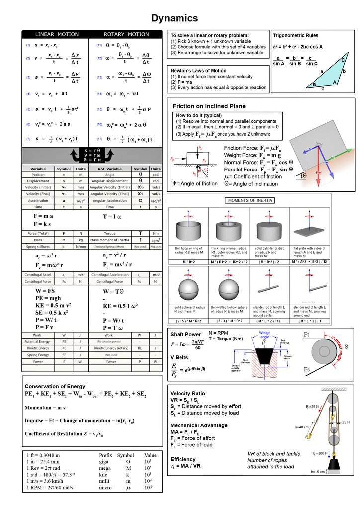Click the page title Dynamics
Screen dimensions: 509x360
tap(175, 18)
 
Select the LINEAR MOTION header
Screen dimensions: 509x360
tap(57, 34)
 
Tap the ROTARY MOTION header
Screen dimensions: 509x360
tap(126, 34)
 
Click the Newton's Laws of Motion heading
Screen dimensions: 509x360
tap(198, 71)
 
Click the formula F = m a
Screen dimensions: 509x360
tap(43, 216)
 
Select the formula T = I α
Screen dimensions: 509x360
tap(112, 217)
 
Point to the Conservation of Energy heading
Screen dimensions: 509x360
tap(55, 386)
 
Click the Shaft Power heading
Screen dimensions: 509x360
tap(185, 334)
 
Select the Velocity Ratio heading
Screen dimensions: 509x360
tap(187, 394)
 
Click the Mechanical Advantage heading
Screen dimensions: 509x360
tap(199, 425)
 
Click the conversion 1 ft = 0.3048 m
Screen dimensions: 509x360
tap(43, 455)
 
